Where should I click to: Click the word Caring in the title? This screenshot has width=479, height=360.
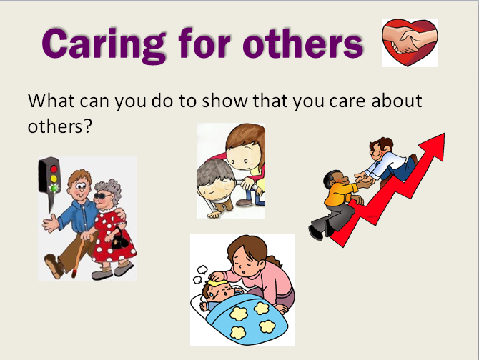[104, 44]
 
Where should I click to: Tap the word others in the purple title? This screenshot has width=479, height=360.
[303, 43]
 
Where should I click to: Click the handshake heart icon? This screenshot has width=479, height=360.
[410, 42]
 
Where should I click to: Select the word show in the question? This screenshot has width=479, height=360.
[224, 101]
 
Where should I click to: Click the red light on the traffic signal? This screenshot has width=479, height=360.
[54, 169]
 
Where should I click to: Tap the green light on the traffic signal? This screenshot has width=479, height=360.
[54, 188]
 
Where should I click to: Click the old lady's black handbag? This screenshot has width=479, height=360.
[119, 241]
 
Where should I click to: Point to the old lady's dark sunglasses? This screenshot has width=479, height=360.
[103, 196]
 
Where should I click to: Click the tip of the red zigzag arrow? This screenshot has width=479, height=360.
[444, 134]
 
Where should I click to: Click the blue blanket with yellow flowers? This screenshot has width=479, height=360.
[247, 319]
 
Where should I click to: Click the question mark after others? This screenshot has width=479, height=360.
[88, 126]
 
